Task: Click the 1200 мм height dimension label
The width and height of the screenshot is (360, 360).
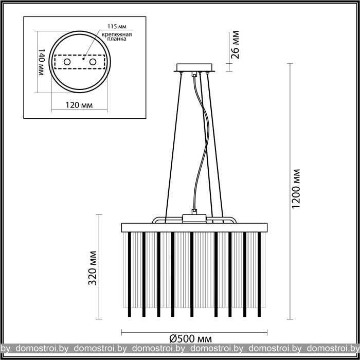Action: pyautogui.click(x=296, y=189)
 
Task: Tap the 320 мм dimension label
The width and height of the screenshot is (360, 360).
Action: pyautogui.click(x=93, y=268)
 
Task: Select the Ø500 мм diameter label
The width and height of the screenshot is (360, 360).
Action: pyautogui.click(x=191, y=338)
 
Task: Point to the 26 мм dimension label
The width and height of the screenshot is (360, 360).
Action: pyautogui.click(x=235, y=45)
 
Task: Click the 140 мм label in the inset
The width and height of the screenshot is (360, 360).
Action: pyautogui.click(x=41, y=62)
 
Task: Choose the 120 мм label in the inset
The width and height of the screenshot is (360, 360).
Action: pyautogui.click(x=79, y=105)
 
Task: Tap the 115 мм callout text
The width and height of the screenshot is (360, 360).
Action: pyautogui.click(x=117, y=26)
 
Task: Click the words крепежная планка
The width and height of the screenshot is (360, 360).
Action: pyautogui.click(x=117, y=37)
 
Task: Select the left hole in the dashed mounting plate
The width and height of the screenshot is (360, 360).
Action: pyautogui.click(x=67, y=62)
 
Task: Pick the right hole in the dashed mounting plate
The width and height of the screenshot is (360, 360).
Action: pyautogui.click(x=93, y=62)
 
